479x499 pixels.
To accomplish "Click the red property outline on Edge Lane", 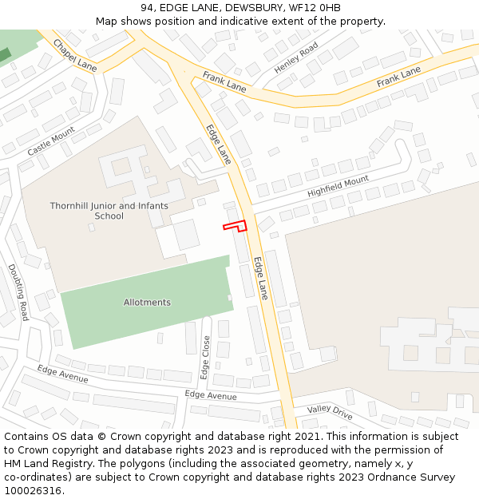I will coord(236,227).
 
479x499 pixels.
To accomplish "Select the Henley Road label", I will coord(296,58).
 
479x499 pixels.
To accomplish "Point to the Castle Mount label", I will coord(50,141).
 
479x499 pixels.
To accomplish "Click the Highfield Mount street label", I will coord(338,187).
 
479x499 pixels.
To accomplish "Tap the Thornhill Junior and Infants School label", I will coord(109,211).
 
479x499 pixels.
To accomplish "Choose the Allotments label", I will coord(147,303).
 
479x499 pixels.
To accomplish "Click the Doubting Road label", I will coord(18,292).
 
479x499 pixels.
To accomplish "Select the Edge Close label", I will coord(206,357).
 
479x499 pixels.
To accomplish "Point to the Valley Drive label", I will coord(330,412).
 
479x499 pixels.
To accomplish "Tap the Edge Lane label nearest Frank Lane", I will coord(218,144).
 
